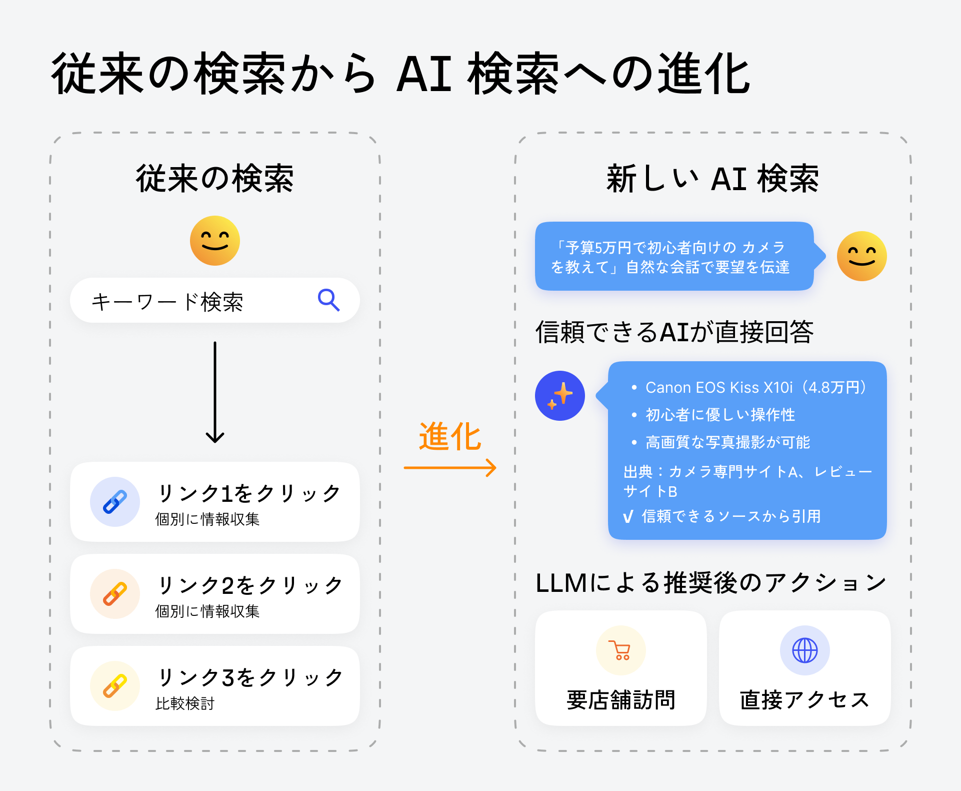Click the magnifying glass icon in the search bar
[x=328, y=300]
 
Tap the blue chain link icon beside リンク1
[x=115, y=502]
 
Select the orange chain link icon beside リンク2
[x=115, y=594]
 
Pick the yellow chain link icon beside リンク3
[x=115, y=686]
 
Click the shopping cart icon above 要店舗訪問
[x=620, y=650]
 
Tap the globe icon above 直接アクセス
[x=804, y=650]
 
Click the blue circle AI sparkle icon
[x=560, y=396]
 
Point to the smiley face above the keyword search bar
[x=215, y=241]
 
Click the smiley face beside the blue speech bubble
[x=861, y=256]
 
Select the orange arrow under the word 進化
[x=450, y=468]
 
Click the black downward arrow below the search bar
[x=215, y=393]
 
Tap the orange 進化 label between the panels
[x=450, y=437]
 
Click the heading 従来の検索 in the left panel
[x=215, y=179]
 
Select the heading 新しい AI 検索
[x=712, y=179]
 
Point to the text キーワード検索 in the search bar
[x=167, y=302]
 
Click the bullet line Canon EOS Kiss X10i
[x=755, y=388]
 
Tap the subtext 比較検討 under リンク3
[x=185, y=703]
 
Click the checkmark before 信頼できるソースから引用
[x=628, y=517]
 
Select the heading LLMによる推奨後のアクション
[x=710, y=583]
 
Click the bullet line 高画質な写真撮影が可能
[x=727, y=442]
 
